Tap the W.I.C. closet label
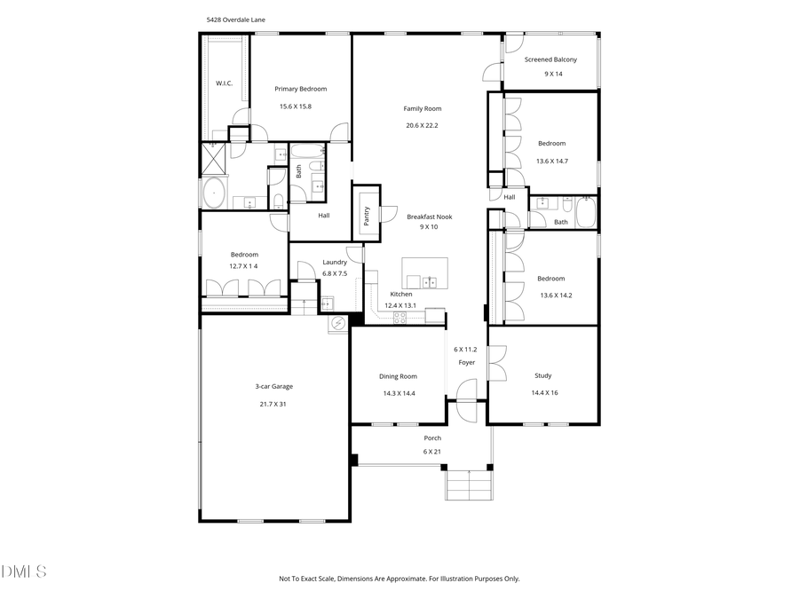(x=224, y=83)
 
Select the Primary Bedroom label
(x=300, y=89)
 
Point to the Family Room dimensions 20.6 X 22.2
(x=422, y=125)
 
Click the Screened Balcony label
(x=550, y=59)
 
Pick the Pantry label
(x=367, y=217)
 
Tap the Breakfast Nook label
(x=429, y=216)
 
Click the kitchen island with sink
(x=425, y=273)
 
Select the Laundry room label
(x=335, y=262)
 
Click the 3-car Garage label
(x=273, y=386)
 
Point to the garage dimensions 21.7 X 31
(x=273, y=404)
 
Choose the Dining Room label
(x=399, y=376)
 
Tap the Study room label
(x=542, y=375)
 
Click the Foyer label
(x=466, y=363)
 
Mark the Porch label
(x=432, y=437)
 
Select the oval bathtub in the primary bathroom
(x=215, y=193)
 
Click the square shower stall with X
(x=215, y=158)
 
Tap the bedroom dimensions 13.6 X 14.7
(x=551, y=161)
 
